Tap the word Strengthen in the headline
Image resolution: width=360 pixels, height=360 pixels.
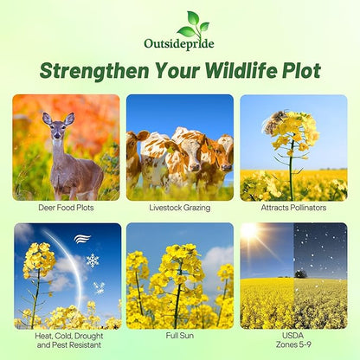pyautogui.click(x=101, y=70)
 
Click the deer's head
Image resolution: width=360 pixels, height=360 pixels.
pyautogui.click(x=59, y=127)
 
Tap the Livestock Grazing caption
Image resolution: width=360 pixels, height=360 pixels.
pyautogui.click(x=180, y=208)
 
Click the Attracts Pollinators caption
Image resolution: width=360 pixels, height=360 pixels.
pyautogui.click(x=294, y=208)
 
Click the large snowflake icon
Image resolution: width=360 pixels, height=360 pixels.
pyautogui.click(x=92, y=260)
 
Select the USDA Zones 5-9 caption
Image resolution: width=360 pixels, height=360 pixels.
pyautogui.click(x=294, y=337)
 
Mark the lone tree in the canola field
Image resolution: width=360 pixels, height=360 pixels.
pyautogui.click(x=300, y=273)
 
